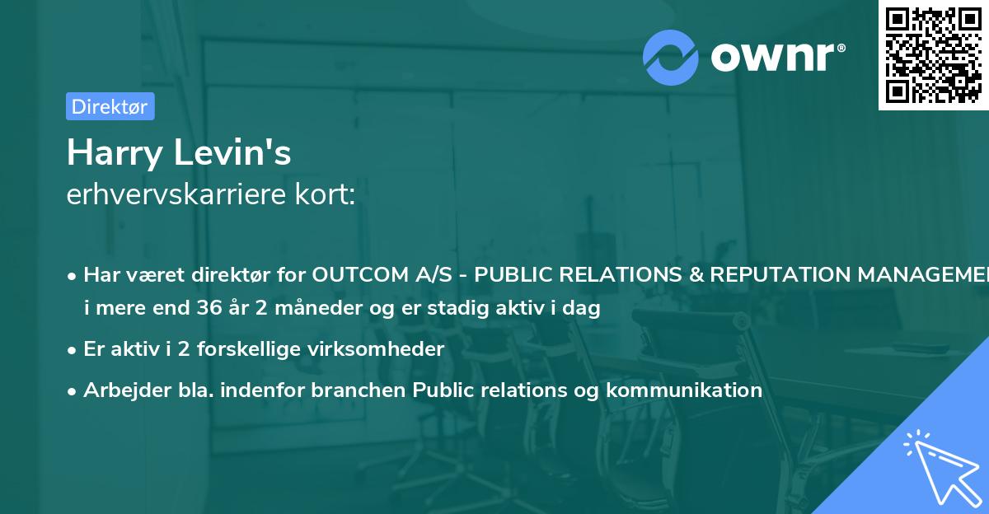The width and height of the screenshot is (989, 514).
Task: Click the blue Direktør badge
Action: point(110,106)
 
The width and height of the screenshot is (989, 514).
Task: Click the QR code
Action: point(934,55)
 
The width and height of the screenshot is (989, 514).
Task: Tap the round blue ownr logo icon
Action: point(670,58)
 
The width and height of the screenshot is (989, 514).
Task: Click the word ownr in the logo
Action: point(772,57)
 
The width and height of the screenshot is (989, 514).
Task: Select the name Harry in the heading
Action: point(115,153)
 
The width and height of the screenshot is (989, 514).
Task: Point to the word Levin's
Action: point(232,152)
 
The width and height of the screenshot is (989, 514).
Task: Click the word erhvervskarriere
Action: point(176,194)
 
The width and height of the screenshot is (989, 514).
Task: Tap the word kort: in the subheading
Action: point(325,194)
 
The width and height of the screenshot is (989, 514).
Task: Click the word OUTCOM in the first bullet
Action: point(360,274)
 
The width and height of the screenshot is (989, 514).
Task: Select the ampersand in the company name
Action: point(696,274)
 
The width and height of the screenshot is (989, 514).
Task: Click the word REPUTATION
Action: point(780,274)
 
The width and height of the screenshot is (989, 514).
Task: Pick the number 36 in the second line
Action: point(209,307)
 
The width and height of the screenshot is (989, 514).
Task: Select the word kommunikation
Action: point(684,390)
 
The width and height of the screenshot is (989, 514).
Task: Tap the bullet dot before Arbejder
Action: point(72,391)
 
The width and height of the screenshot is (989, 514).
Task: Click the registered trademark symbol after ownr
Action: point(841,48)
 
